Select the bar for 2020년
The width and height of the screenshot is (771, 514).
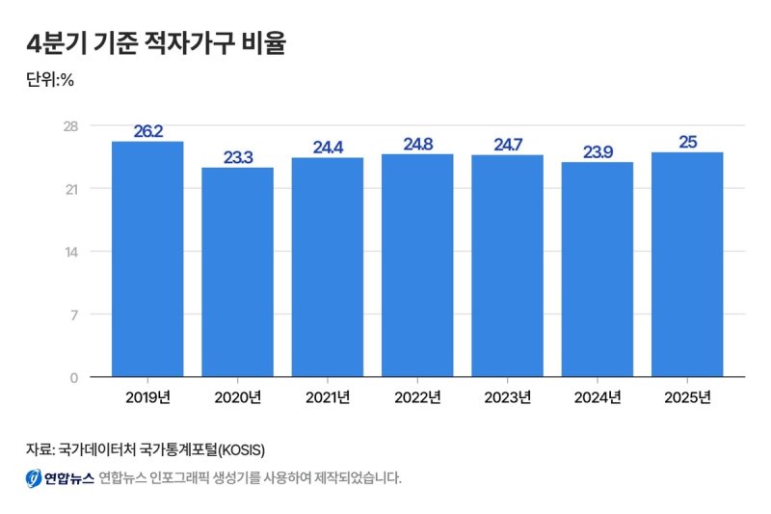coord(237,272)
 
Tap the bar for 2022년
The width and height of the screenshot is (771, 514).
coord(417,265)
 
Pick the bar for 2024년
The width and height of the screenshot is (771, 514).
coord(598,269)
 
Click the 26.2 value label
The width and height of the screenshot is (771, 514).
coord(147,131)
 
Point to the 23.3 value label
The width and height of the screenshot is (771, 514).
coord(237,157)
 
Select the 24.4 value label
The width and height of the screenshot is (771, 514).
coord(328,148)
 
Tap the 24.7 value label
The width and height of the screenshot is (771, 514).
coord(507,145)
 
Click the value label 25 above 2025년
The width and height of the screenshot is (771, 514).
coord(687,142)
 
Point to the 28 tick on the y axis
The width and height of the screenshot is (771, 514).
coord(70,126)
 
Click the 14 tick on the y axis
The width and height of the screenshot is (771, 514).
coord(70,252)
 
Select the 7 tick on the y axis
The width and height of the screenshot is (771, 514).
coord(73,314)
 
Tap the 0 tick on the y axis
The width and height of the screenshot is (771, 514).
coord(73,377)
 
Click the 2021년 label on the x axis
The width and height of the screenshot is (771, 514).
coord(328,397)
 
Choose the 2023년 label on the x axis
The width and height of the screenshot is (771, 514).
coord(507,397)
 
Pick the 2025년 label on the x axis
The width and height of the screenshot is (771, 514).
coord(687,397)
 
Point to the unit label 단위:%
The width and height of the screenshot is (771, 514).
coord(50,80)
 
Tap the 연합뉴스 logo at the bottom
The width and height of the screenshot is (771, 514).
coord(59,477)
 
